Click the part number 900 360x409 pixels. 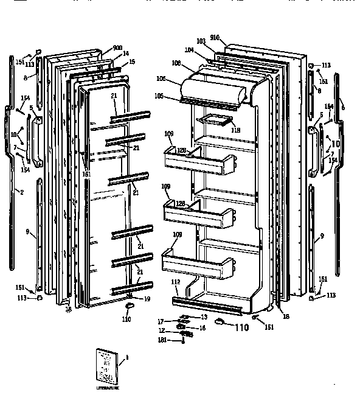117,48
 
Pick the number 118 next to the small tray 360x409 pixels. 235,129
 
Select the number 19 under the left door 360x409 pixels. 147,298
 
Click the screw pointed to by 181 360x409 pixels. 183,341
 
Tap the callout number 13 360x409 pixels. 204,317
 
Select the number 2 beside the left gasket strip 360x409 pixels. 22,192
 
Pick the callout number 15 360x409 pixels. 132,61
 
